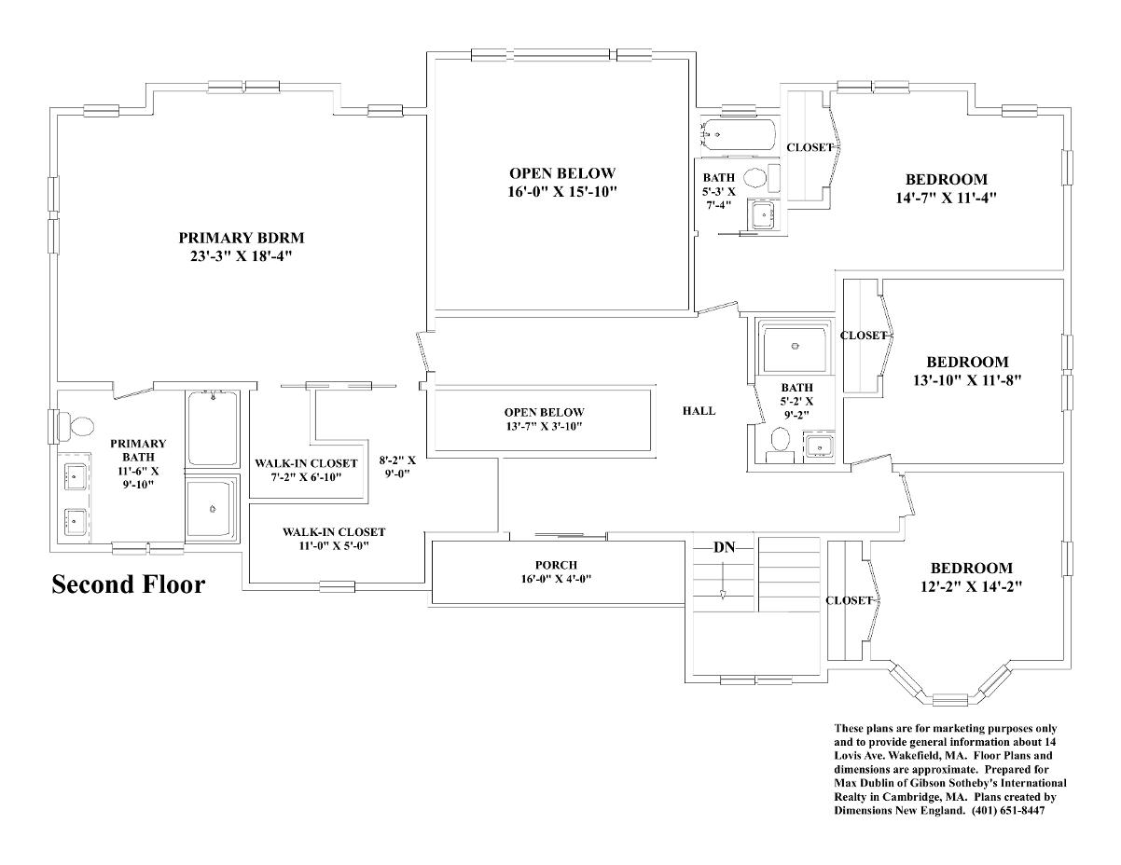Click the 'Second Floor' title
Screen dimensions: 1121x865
[129, 585]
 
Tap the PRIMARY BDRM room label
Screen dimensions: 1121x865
[242, 239]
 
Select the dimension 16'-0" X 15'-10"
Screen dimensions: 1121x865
[562, 192]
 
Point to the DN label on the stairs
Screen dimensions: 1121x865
[725, 547]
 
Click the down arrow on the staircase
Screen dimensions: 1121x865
[724, 581]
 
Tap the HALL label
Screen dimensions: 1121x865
[699, 411]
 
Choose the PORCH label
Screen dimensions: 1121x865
[556, 565]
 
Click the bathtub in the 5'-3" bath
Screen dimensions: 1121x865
[738, 133]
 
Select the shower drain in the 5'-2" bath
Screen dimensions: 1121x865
[795, 347]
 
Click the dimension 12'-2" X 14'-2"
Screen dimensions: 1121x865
[972, 586]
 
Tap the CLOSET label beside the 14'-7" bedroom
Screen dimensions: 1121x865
[810, 147]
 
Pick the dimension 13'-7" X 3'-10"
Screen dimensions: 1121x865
[545, 426]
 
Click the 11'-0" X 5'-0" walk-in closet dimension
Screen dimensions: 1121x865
[334, 545]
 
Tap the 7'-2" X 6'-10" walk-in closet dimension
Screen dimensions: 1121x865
[307, 477]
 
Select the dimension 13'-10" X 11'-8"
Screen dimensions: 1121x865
[967, 380]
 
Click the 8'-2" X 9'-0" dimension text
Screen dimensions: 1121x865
[397, 467]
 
